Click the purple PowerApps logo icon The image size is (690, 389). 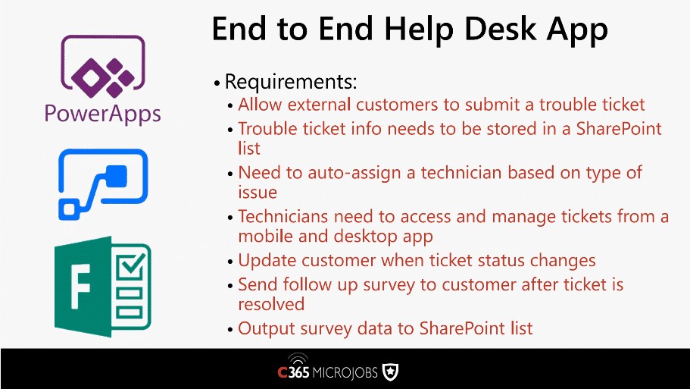click(x=103, y=66)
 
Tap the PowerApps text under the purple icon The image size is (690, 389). click(x=102, y=114)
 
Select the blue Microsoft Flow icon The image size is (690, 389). click(x=103, y=184)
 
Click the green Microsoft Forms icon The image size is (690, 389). click(x=102, y=287)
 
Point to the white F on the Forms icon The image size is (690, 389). click(x=80, y=287)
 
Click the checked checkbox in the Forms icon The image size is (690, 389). click(x=130, y=265)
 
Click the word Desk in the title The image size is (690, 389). click(x=501, y=29)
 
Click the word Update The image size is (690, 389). click(x=267, y=261)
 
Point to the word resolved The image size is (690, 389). click(x=271, y=304)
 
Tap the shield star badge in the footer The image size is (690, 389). click(x=390, y=372)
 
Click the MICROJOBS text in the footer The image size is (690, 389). click(x=345, y=373)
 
